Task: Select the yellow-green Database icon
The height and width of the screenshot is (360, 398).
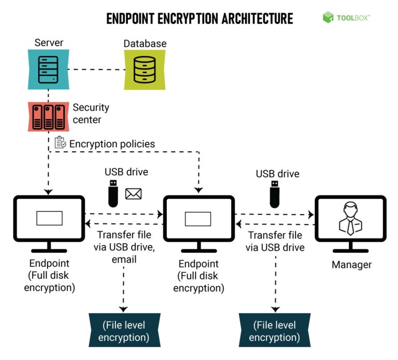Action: point(145,70)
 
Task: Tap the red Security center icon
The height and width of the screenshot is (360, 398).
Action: point(48,116)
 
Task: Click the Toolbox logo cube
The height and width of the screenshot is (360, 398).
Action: point(328,18)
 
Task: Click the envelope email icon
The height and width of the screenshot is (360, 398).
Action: point(133,193)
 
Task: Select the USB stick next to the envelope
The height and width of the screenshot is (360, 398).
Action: point(114,193)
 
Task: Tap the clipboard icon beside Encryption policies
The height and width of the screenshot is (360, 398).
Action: point(60,143)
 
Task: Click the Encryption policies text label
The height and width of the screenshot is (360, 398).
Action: point(112,144)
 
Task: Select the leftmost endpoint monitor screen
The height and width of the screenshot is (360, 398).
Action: point(49,218)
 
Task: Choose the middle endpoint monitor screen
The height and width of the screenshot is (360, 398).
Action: point(198,218)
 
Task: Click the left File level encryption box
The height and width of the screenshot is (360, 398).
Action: point(124,331)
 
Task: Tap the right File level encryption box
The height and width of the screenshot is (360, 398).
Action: point(275,331)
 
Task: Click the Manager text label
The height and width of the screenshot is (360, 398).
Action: point(351,265)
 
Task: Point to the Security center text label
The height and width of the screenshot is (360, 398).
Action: point(91,114)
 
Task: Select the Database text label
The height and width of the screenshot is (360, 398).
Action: point(145,43)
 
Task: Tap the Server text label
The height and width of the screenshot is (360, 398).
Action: point(49,43)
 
